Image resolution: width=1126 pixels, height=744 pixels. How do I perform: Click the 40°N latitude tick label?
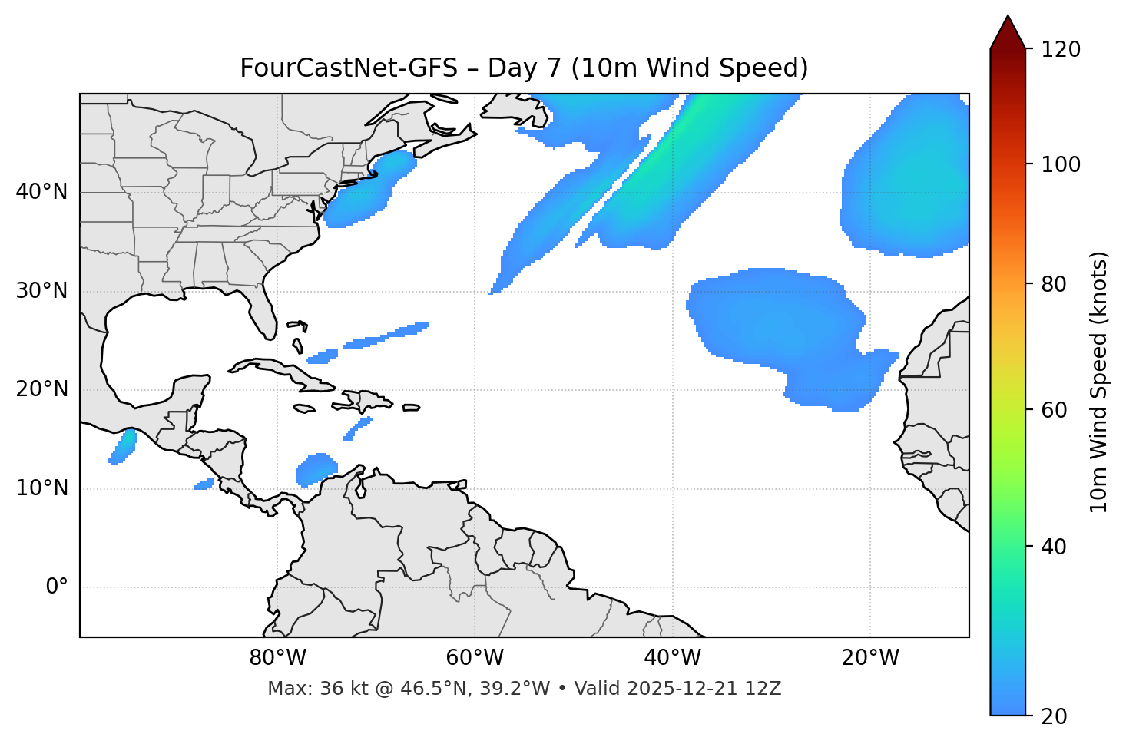(41, 192)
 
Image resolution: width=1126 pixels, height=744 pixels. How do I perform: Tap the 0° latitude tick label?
(57, 587)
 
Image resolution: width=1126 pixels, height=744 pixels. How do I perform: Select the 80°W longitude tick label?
(277, 658)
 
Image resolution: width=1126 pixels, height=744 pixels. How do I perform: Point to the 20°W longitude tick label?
(870, 658)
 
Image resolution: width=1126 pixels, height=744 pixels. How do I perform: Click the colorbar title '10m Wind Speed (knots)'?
(1099, 382)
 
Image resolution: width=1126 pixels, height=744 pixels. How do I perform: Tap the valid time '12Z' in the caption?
(763, 689)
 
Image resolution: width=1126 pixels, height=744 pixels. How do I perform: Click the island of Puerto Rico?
(411, 408)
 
